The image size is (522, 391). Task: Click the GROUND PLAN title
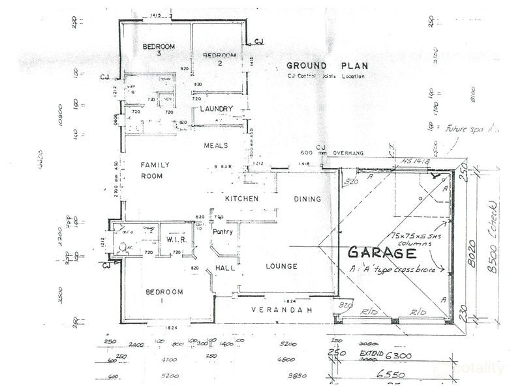[328, 66]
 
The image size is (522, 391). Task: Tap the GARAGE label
[382, 252]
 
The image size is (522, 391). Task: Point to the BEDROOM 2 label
[216, 59]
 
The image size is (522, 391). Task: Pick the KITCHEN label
[242, 198]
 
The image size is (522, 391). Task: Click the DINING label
[307, 199]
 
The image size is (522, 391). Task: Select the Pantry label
[224, 231]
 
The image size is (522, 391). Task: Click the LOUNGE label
[281, 266]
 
